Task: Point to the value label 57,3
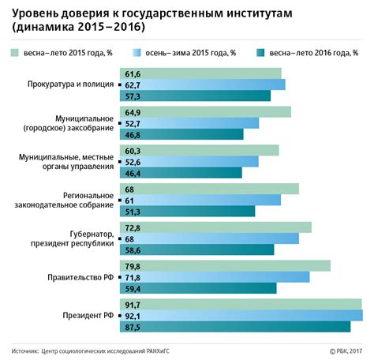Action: (132, 96)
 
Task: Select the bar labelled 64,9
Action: (204, 112)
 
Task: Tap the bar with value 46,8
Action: (181, 134)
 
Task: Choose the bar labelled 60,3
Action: (198, 151)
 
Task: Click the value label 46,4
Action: (132, 173)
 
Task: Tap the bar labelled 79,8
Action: (224, 266)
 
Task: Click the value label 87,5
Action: (132, 327)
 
